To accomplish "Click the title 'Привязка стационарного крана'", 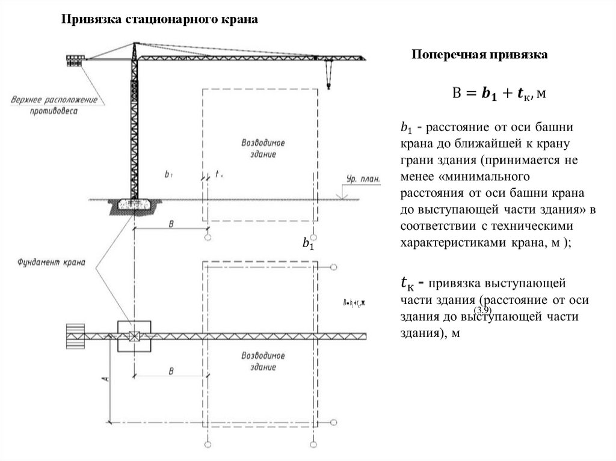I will pos(161,20).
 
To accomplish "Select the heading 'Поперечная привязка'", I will pos(479,55).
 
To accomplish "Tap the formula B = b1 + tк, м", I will pos(499,93).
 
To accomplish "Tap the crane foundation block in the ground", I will pos(134,205).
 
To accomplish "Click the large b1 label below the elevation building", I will pos(308,245).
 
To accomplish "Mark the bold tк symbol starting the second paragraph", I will pos(407,282).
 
